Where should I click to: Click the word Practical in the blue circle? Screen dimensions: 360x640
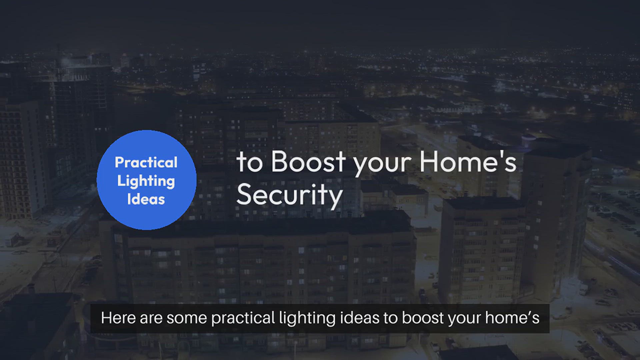(x=146, y=162)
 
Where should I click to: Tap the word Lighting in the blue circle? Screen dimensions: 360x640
(x=146, y=181)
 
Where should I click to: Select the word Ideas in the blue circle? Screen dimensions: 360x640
(x=146, y=199)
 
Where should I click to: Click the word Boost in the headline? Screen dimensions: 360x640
(x=308, y=161)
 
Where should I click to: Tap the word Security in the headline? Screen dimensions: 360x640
(x=289, y=195)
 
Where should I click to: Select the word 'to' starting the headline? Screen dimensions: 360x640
(x=249, y=162)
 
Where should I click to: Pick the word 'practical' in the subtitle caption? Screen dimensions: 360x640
(x=243, y=318)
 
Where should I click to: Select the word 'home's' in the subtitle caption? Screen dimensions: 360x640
(x=512, y=318)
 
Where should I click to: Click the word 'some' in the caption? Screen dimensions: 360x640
(x=187, y=318)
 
